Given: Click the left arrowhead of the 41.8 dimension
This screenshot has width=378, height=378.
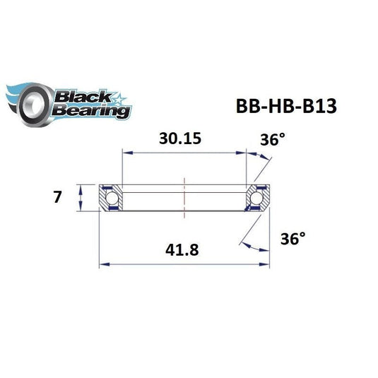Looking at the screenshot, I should pos(103,265).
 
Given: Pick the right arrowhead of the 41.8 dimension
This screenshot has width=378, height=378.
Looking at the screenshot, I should pos(266,265).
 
